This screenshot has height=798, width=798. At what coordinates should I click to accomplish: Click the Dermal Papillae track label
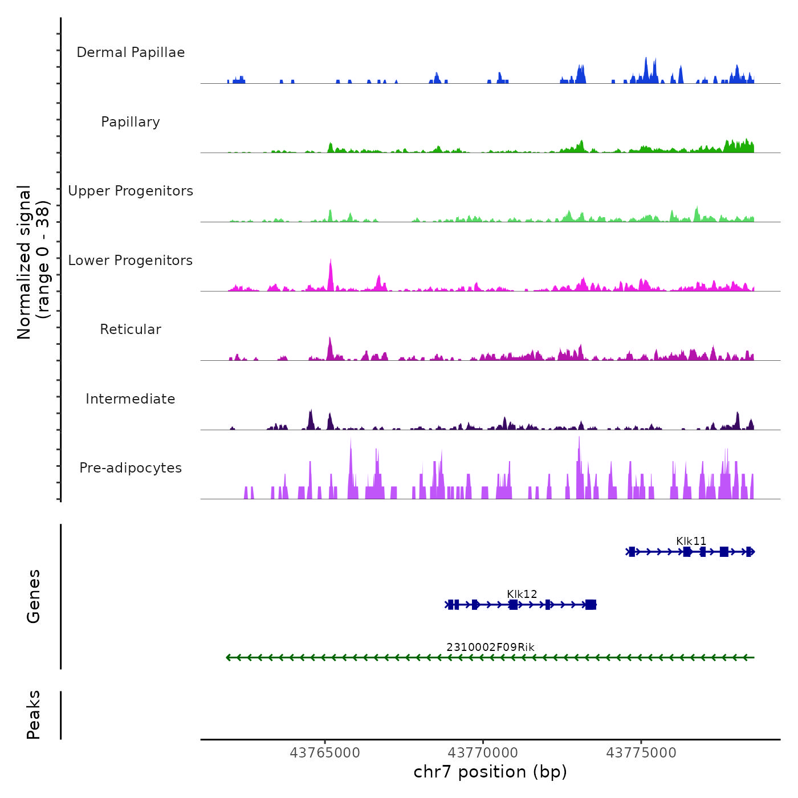point(131,52)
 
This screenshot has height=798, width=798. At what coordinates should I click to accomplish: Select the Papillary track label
point(131,122)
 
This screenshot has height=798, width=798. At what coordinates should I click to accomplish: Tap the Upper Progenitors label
point(131,191)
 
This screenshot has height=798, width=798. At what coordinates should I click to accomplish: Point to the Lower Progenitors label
point(131,260)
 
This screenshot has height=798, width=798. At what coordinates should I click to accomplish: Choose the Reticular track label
point(131,329)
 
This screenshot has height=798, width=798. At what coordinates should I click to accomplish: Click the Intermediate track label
point(131,399)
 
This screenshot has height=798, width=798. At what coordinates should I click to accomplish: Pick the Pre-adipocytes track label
point(131,468)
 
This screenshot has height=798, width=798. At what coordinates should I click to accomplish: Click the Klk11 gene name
point(691,541)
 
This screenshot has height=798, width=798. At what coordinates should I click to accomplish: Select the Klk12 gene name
point(522,594)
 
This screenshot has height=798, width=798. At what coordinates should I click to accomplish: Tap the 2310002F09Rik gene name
point(490,647)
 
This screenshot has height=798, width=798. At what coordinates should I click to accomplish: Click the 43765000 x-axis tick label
point(325,753)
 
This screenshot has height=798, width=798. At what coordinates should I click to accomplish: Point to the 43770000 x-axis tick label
point(483,753)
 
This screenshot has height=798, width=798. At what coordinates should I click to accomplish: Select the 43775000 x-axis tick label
point(641,753)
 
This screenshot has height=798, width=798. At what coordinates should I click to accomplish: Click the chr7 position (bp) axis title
point(490,772)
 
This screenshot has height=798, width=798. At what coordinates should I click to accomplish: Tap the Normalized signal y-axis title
point(33,262)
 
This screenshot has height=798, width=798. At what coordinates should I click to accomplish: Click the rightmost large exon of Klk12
point(591,605)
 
